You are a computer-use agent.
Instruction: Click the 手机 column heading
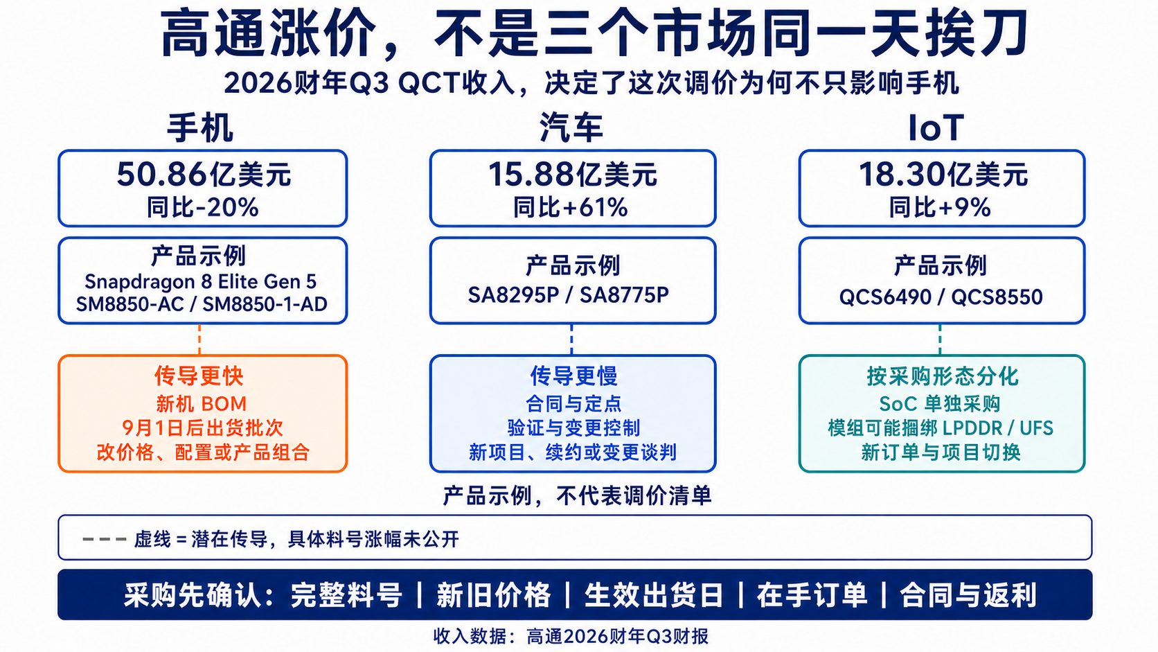coord(200,127)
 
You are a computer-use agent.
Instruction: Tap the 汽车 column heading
coord(572,127)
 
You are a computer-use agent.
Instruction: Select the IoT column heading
coord(936,127)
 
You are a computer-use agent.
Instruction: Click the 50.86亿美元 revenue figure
coord(204,174)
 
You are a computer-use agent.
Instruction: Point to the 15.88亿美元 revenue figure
coord(572,174)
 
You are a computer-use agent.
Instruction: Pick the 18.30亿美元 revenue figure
coord(943,174)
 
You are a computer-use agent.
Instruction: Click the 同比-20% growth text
coord(203,207)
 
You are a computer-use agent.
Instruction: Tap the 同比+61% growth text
coord(570,207)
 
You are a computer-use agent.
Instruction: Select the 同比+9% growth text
coord(940,207)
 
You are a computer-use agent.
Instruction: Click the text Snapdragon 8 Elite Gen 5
coord(201,282)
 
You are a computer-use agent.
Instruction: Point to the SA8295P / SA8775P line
coord(568,295)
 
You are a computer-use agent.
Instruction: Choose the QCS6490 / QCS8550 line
coord(941,297)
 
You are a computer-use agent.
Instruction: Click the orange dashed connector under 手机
coord(199,340)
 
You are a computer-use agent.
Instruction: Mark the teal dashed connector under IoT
coord(940,340)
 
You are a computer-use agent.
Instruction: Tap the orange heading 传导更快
coord(199,376)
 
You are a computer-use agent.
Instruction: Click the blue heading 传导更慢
coord(574,376)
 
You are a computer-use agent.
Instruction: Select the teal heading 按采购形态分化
coord(943,376)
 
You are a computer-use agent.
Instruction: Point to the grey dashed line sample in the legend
coord(105,539)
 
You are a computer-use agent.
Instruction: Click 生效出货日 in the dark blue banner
coord(653,595)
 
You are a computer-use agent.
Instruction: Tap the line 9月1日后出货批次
coord(202,428)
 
